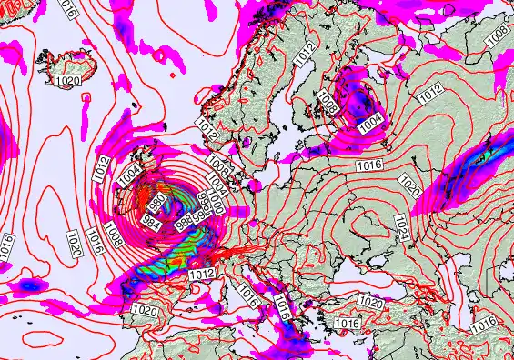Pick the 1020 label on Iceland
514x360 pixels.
click(66, 82)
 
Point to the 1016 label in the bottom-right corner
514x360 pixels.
click(484, 324)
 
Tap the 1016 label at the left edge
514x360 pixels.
click(6, 246)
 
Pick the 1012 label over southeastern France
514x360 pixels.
click(203, 273)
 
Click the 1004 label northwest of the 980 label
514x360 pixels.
click(128, 170)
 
